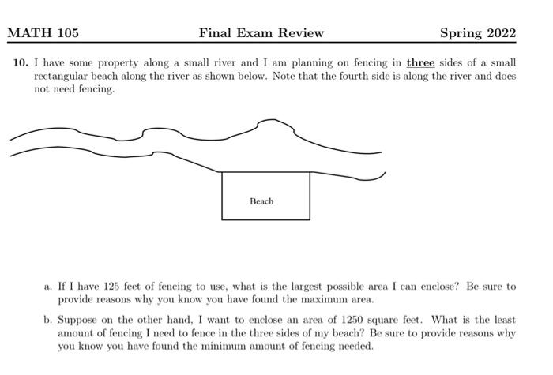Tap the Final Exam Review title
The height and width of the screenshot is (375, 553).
pyautogui.click(x=261, y=33)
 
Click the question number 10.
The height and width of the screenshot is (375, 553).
pyautogui.click(x=20, y=62)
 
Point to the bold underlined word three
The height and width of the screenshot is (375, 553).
pyautogui.click(x=420, y=62)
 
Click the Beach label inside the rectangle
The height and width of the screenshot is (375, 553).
pyautogui.click(x=261, y=201)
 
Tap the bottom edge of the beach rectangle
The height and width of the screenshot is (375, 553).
pyautogui.click(x=265, y=219)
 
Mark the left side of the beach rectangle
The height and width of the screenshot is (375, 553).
pyautogui.click(x=222, y=196)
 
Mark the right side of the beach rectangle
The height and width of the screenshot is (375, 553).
pyautogui.click(x=310, y=196)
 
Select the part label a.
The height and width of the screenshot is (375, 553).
pyautogui.click(x=48, y=287)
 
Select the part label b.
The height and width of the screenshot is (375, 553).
pyautogui.click(x=48, y=321)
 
